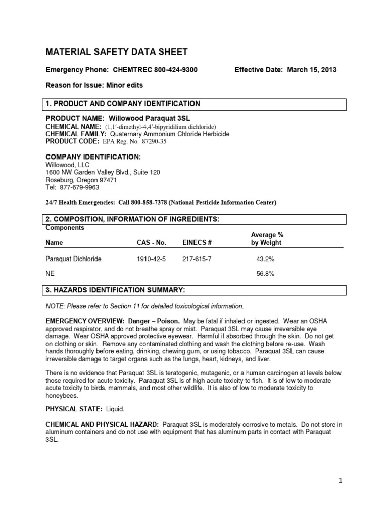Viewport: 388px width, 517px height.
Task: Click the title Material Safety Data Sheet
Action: (x=117, y=51)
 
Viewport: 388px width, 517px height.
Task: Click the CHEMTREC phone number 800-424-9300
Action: (x=172, y=70)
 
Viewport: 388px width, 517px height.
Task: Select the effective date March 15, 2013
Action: (x=312, y=70)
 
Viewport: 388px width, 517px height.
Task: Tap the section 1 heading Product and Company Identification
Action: (x=123, y=104)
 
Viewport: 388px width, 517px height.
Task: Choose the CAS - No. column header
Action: (x=151, y=243)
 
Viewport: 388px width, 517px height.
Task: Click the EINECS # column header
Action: (x=197, y=243)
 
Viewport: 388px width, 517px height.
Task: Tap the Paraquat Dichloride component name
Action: (x=73, y=259)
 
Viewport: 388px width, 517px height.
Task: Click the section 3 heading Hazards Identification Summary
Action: (x=115, y=290)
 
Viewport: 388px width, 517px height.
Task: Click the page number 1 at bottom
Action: (x=341, y=481)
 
